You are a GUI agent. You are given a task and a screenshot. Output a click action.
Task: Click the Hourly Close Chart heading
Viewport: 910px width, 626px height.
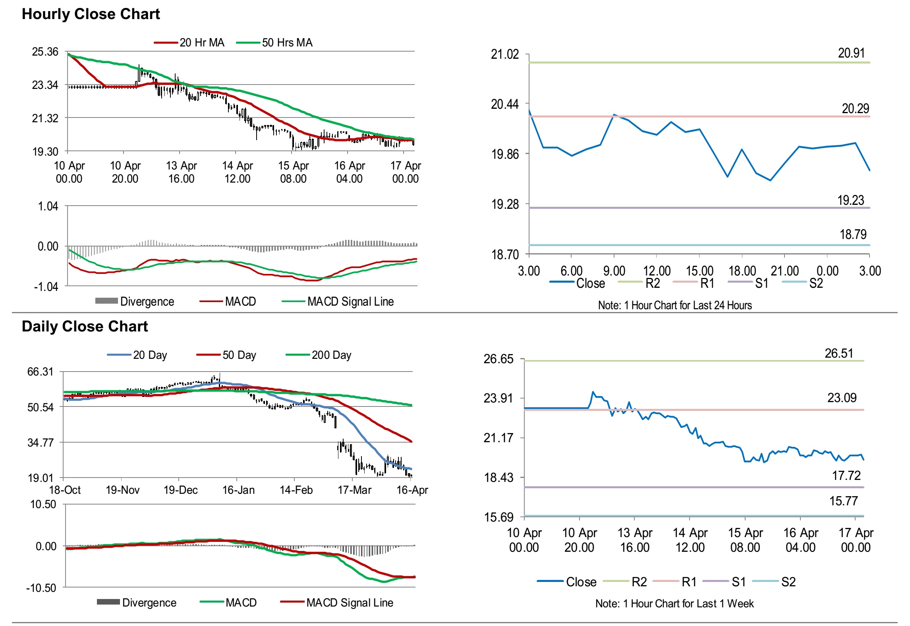(x=91, y=14)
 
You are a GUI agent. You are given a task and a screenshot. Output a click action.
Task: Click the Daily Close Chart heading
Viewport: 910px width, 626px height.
(x=85, y=326)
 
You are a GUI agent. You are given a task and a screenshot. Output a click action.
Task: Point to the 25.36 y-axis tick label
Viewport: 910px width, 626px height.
(x=45, y=52)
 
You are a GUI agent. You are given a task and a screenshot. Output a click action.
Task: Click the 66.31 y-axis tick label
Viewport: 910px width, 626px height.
(x=40, y=372)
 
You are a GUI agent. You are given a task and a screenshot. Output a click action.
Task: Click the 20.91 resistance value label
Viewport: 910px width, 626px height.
(x=851, y=53)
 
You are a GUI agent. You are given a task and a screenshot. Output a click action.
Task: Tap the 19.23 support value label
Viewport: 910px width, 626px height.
(x=850, y=200)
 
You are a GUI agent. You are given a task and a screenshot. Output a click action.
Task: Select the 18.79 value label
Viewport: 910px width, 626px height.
(x=853, y=234)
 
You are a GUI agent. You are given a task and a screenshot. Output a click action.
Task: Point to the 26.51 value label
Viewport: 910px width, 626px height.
(x=839, y=353)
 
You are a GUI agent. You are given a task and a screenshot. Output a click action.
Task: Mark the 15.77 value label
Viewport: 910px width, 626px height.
(x=843, y=501)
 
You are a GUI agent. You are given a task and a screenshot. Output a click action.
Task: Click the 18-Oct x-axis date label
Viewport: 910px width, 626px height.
(x=65, y=490)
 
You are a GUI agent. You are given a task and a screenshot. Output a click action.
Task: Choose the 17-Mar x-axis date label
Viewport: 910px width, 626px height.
(x=354, y=490)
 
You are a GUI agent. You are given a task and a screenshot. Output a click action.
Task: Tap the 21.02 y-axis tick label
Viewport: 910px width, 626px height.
(x=505, y=54)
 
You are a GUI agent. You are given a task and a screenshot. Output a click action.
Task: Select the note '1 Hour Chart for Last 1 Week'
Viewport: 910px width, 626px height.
(x=674, y=603)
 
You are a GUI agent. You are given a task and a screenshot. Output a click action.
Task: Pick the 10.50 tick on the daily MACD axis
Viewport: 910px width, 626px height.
(x=43, y=504)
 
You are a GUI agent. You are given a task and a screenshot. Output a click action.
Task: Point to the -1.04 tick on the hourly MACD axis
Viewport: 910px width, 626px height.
(x=46, y=286)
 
